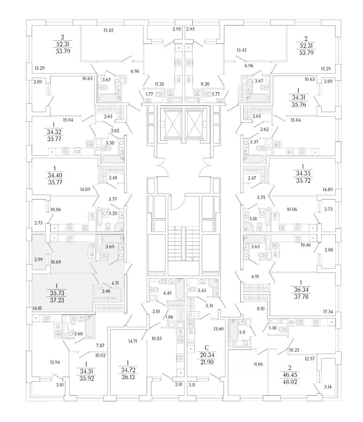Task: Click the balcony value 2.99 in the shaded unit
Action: pyautogui.click(x=39, y=260)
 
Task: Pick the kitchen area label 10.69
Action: pyautogui.click(x=56, y=262)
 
